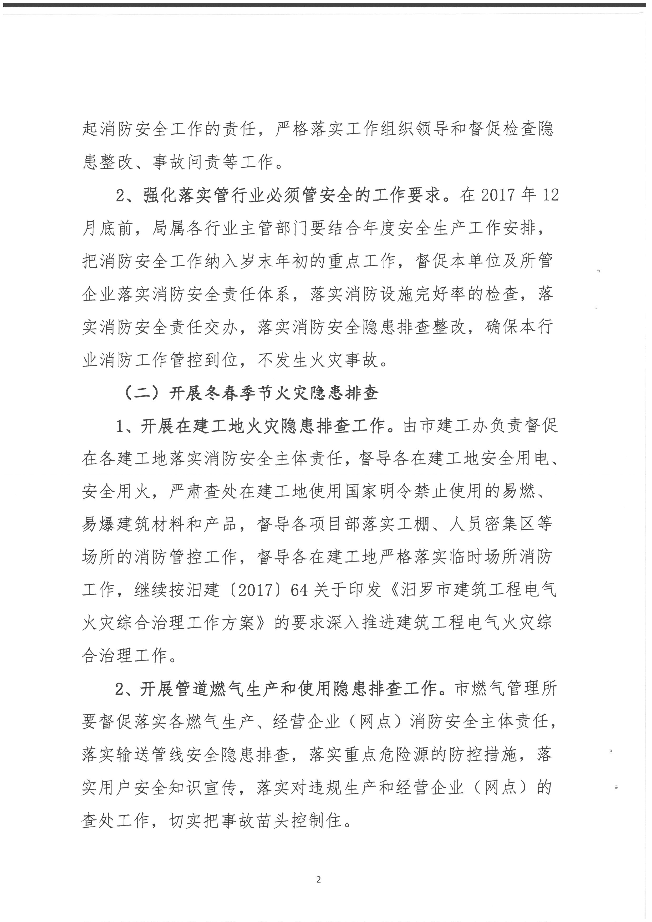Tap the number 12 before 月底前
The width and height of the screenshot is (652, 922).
coord(550,195)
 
